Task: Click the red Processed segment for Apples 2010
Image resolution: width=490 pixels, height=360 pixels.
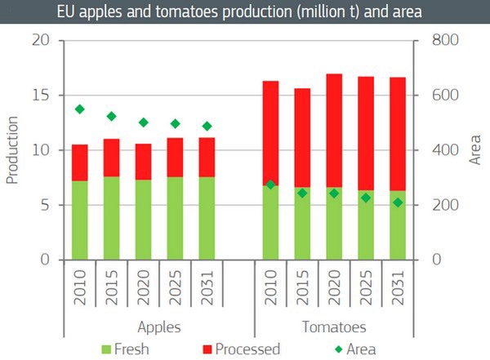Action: (80, 162)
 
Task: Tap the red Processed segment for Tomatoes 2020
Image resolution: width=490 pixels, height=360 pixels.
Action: (334, 131)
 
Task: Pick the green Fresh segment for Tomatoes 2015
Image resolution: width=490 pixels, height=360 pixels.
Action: (302, 224)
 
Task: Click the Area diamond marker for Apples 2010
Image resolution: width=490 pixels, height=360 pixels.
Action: (80, 109)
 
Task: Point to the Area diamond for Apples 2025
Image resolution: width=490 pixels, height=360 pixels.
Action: (175, 124)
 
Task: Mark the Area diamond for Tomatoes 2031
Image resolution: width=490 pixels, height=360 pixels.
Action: (398, 202)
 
